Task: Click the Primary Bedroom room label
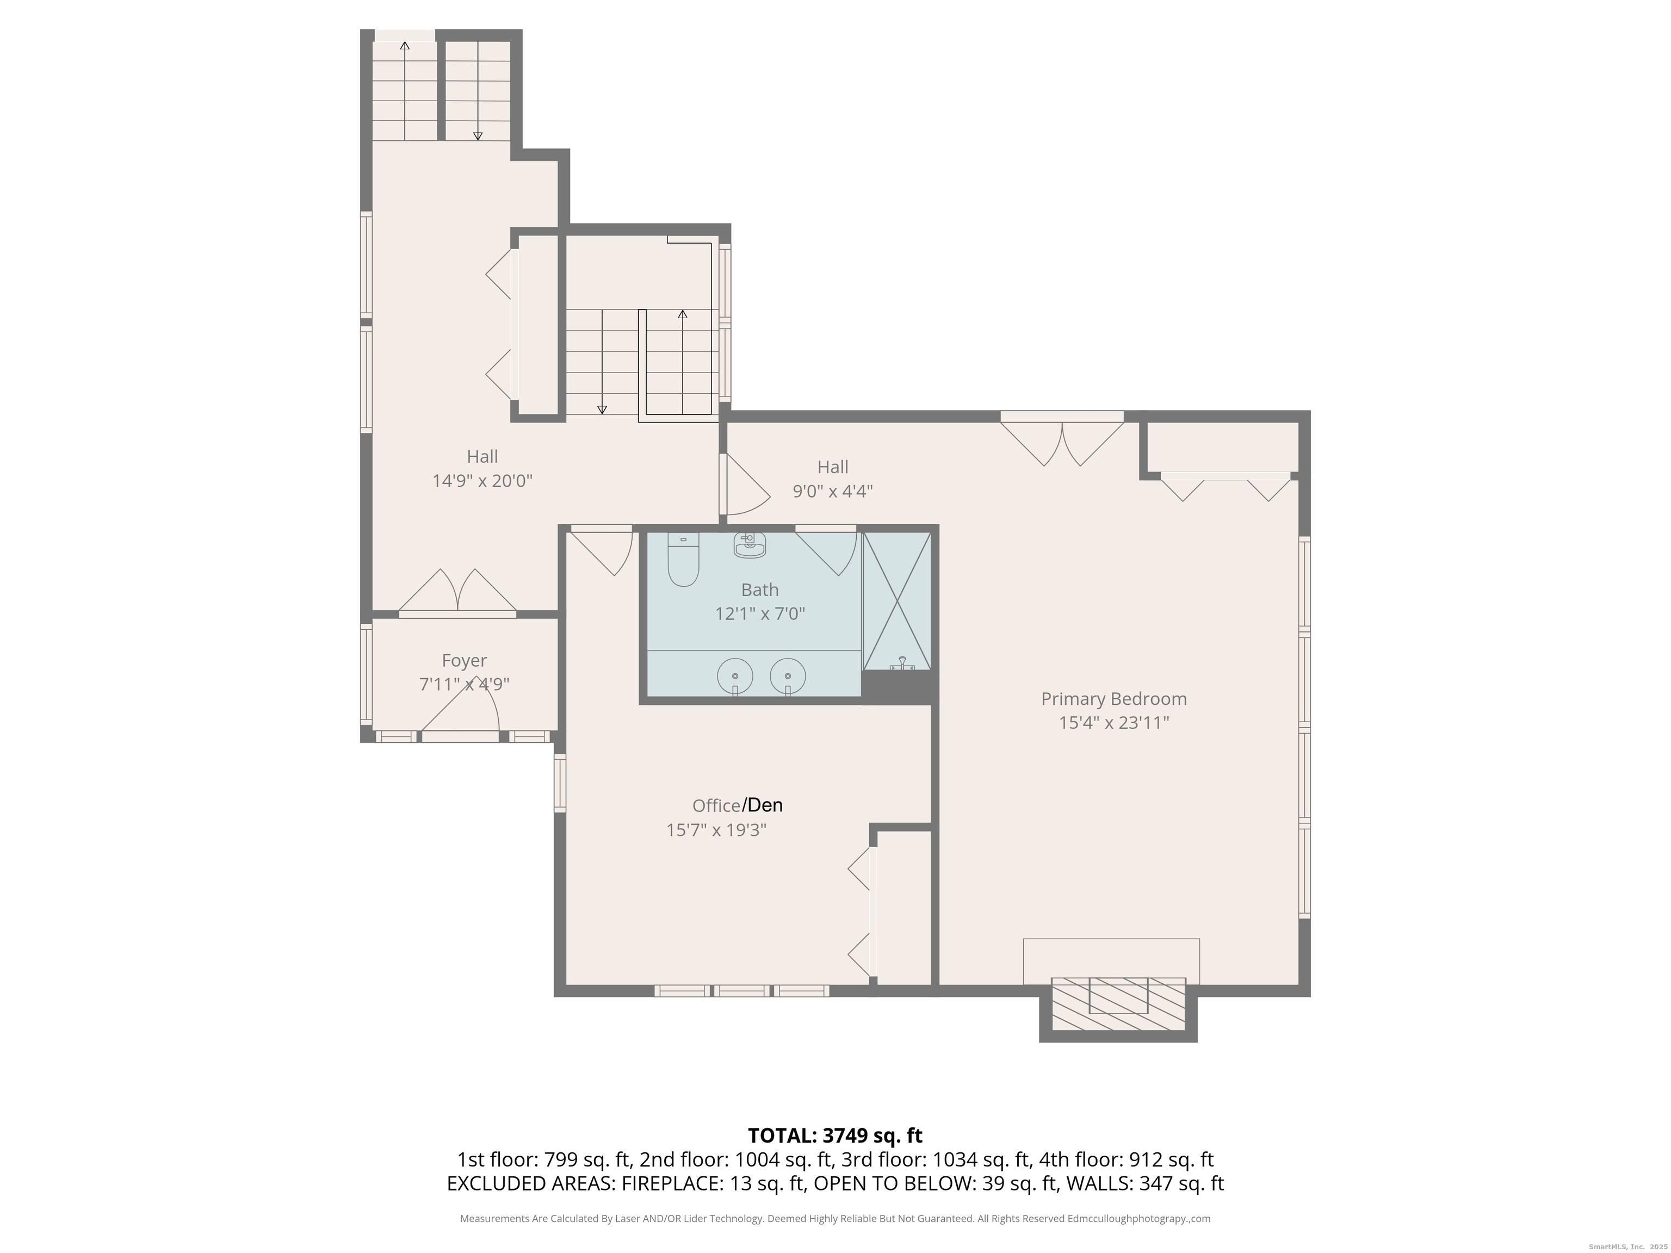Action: tap(1113, 699)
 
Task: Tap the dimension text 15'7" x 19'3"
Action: tap(716, 830)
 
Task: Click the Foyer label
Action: tap(464, 661)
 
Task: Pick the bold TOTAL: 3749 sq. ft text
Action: tap(835, 1135)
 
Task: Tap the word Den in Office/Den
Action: tap(765, 805)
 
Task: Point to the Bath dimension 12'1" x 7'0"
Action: tap(760, 613)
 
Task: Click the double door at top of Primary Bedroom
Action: tap(1062, 442)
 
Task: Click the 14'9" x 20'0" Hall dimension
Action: tap(482, 480)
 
